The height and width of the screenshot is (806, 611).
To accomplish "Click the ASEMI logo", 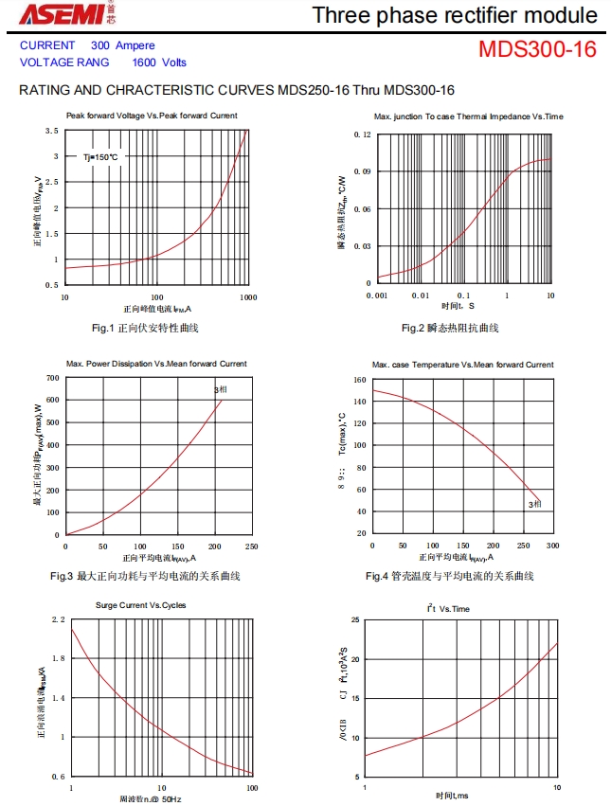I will (x=49, y=13).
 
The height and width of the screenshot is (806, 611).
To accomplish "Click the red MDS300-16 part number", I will (x=537, y=49).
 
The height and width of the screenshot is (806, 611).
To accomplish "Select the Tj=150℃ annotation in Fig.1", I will (x=100, y=157).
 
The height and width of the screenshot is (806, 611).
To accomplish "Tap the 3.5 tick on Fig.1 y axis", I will (x=52, y=131).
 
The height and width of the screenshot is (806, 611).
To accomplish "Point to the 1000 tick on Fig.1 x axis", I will (x=247, y=297).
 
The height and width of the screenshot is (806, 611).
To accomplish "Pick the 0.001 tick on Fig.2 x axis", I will (x=377, y=296).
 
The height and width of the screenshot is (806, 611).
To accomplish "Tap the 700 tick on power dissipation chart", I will (x=52, y=378).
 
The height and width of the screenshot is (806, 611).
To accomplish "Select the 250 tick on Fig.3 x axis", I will (x=251, y=546).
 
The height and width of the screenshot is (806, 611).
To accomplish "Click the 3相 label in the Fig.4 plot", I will (x=534, y=505).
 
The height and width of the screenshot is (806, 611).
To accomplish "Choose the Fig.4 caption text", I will (x=449, y=576).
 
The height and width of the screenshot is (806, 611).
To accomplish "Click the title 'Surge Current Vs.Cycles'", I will (x=141, y=605).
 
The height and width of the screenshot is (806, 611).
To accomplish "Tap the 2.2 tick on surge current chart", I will (x=58, y=619).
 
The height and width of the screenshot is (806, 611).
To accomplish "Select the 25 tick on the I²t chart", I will (x=355, y=620).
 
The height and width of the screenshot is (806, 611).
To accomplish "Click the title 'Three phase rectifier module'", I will (x=455, y=15).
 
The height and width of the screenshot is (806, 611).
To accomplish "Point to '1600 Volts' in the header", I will (x=159, y=63).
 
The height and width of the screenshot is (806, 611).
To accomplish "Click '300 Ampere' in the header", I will (x=123, y=45).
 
